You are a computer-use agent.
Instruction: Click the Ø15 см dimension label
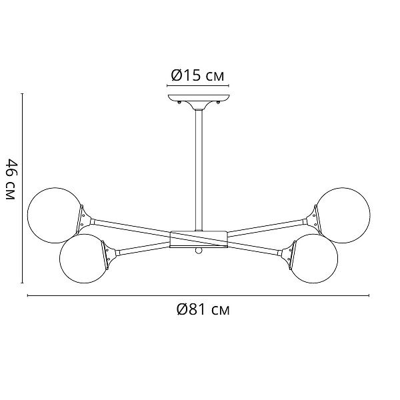[198, 75]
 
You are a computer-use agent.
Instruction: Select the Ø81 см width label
[203, 310]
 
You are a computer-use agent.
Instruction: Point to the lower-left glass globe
[84, 259]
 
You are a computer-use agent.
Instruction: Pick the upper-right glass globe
[343, 215]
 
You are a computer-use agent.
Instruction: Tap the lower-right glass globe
[314, 259]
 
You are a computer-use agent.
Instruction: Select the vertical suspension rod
[199, 170]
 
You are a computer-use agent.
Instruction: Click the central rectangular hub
[199, 239]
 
